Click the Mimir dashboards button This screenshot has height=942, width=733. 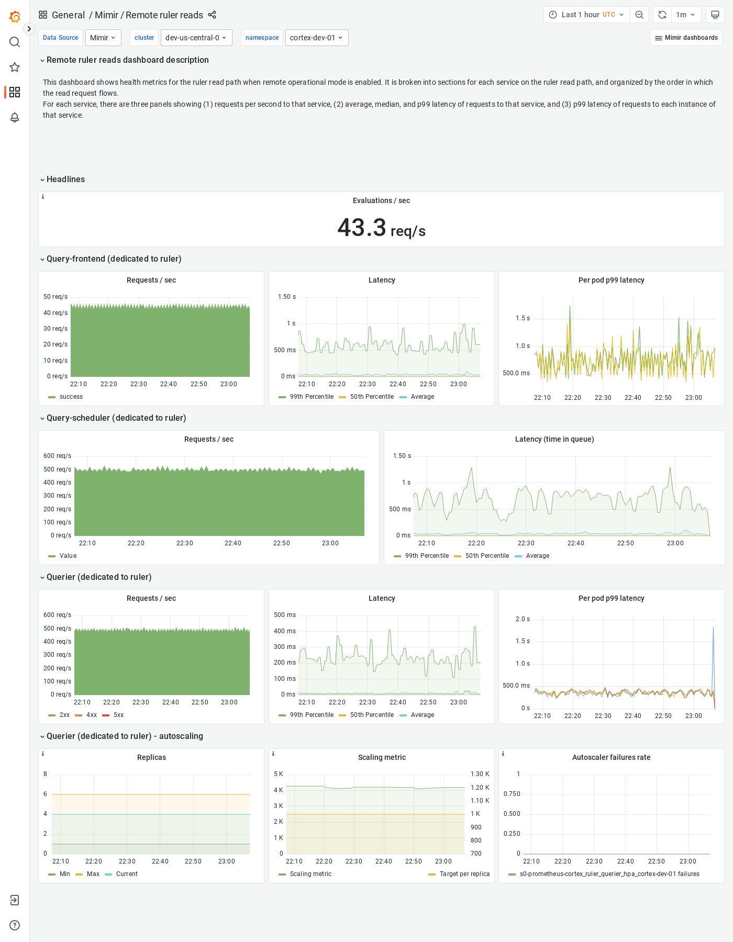686,38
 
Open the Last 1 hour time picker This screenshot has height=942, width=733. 586,15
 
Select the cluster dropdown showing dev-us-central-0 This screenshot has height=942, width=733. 196,38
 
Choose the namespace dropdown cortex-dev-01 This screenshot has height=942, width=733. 316,38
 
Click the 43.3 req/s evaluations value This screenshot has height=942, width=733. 381,228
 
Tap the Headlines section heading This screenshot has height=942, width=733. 65,180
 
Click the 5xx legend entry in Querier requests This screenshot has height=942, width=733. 118,715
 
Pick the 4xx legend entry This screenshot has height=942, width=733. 91,715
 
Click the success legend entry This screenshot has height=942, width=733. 71,397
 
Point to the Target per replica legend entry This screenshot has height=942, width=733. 464,874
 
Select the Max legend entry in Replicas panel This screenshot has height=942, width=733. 93,874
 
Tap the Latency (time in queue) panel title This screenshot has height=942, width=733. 554,439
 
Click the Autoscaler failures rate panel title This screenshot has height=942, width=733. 611,757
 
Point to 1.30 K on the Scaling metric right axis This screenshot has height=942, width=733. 480,774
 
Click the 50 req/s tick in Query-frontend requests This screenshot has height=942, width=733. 55,297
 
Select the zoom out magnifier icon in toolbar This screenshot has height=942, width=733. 639,15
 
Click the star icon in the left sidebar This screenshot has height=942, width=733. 15,67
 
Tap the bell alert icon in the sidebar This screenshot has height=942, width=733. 15,117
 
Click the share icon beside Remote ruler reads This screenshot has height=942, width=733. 212,15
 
